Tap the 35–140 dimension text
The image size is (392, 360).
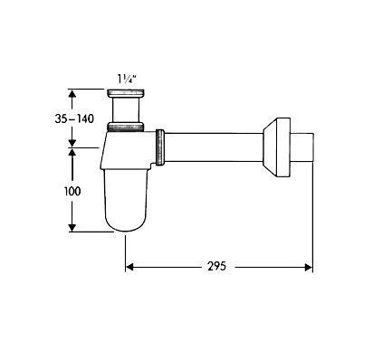[x=74, y=118]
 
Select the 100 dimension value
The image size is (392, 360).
[x=72, y=191]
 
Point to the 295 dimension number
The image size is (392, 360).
[x=216, y=266]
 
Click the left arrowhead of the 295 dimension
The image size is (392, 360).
[x=129, y=267]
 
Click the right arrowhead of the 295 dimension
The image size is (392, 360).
[x=309, y=267]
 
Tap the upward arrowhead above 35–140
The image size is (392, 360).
[x=72, y=93]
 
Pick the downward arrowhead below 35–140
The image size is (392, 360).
[x=72, y=143]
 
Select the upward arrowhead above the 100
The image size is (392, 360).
[x=72, y=152]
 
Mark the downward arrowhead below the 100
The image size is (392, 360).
[x=72, y=228]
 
